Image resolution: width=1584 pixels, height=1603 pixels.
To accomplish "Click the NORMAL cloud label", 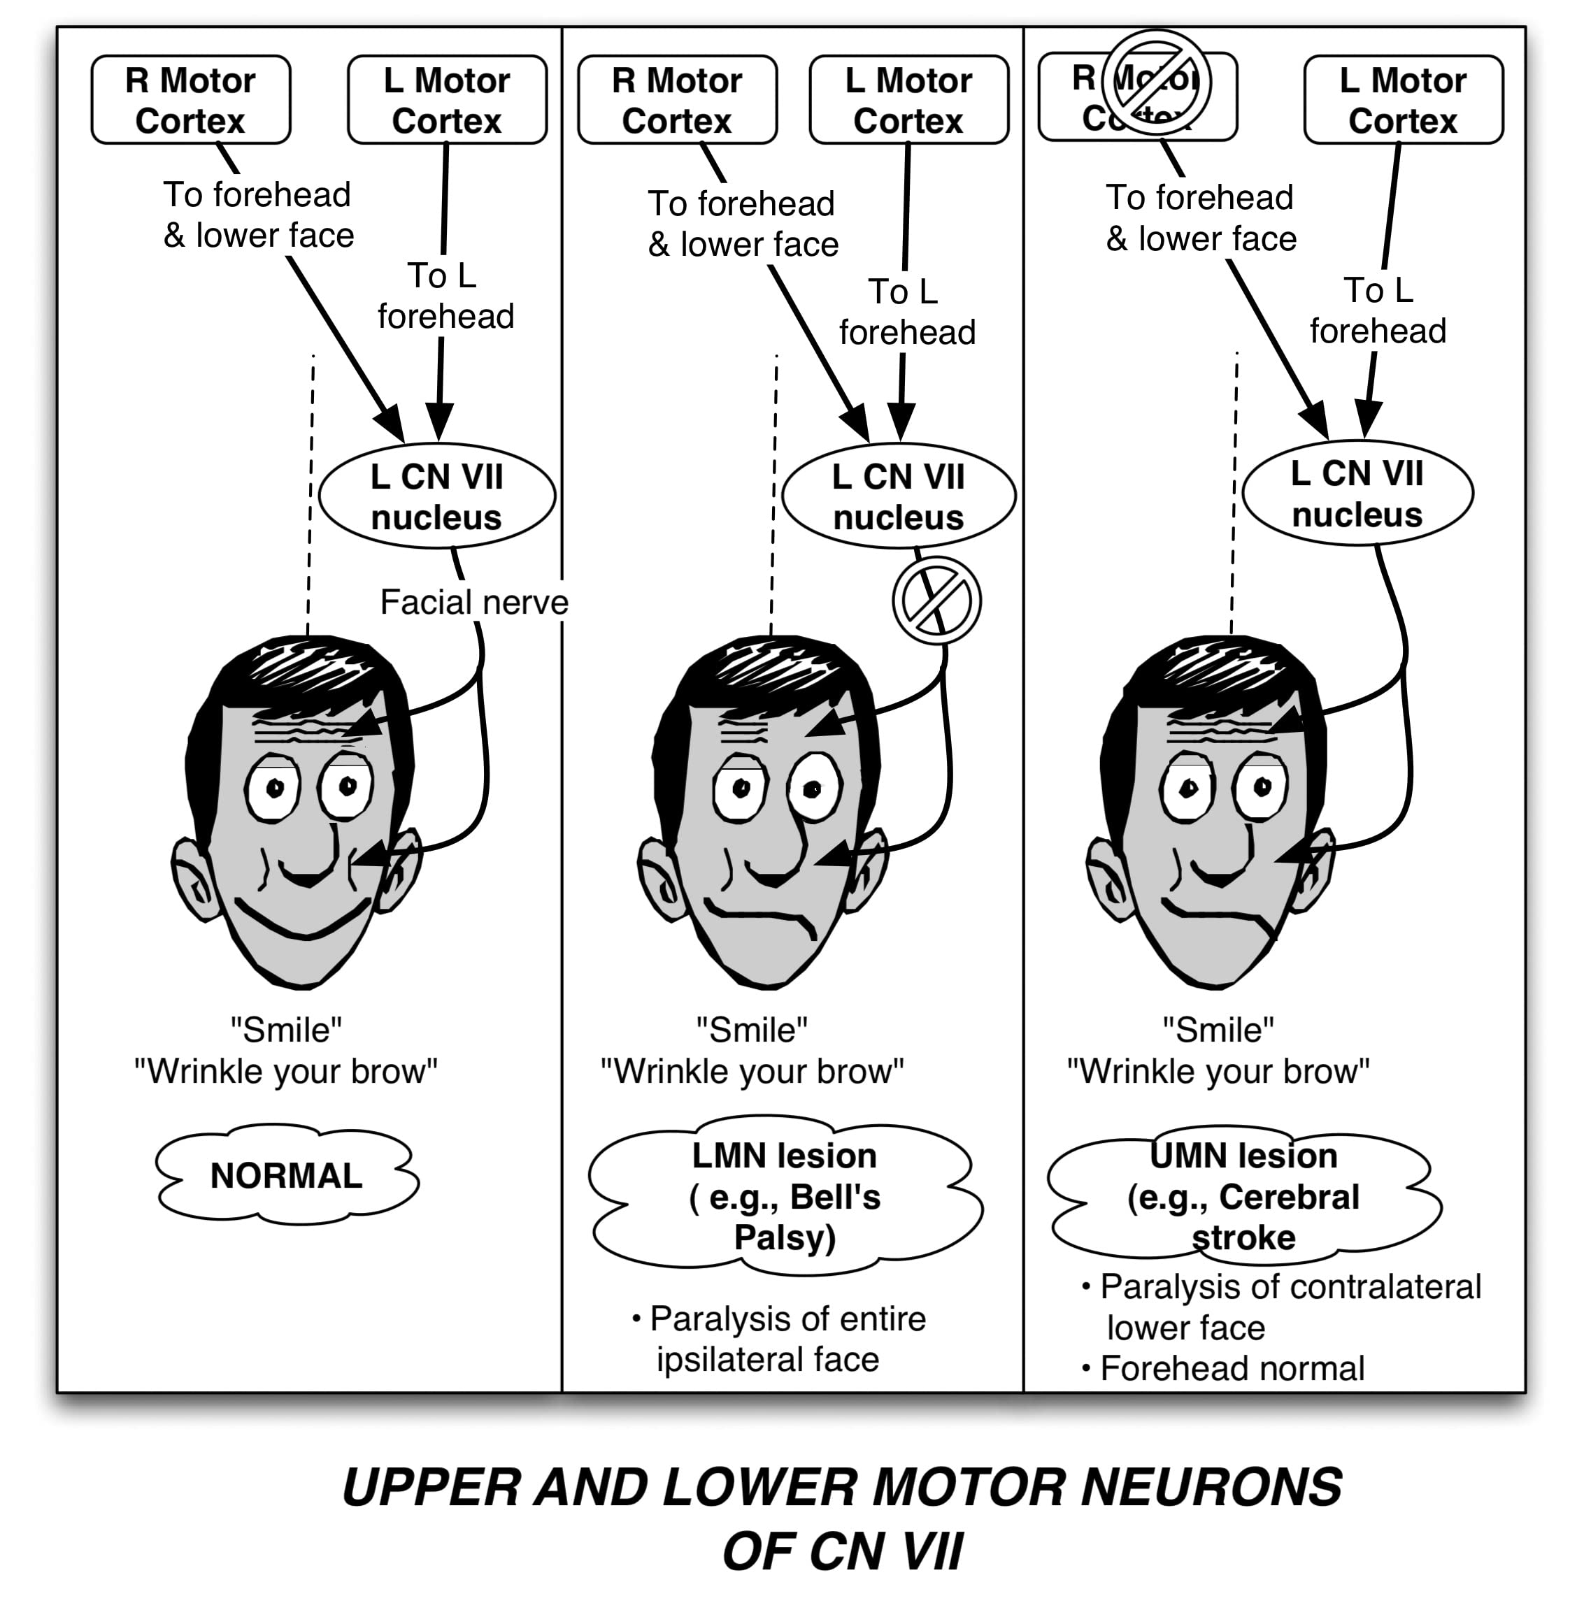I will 287,1175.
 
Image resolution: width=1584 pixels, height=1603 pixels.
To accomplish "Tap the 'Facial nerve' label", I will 474,603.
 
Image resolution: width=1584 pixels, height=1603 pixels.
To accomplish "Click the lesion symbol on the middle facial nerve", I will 936,600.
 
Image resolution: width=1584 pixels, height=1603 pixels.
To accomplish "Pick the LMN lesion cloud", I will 785,1195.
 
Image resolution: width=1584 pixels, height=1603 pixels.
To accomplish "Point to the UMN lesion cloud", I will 1243,1195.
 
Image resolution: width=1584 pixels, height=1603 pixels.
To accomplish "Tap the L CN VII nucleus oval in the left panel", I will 436,496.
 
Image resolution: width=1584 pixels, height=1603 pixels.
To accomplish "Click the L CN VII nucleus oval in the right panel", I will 1357,494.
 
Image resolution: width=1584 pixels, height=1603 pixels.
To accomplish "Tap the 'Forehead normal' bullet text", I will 1232,1368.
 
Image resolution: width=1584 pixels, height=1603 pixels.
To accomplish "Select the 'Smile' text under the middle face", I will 751,1030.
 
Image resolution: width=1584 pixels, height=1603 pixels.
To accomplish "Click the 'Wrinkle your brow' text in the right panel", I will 1218,1071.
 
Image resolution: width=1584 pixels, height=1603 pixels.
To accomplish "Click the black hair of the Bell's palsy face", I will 772,672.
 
